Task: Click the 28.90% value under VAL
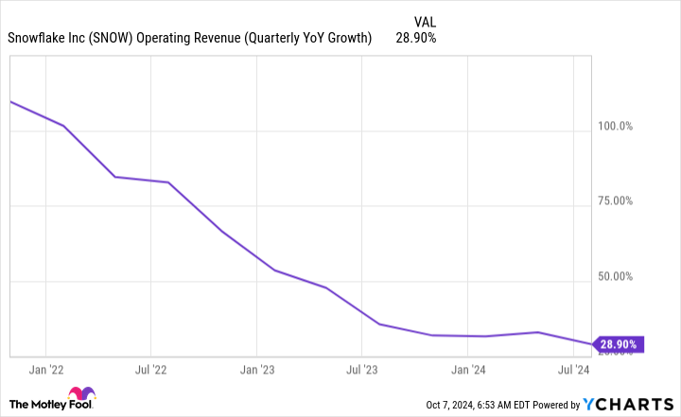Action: coord(417,39)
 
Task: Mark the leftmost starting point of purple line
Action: coord(9,101)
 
